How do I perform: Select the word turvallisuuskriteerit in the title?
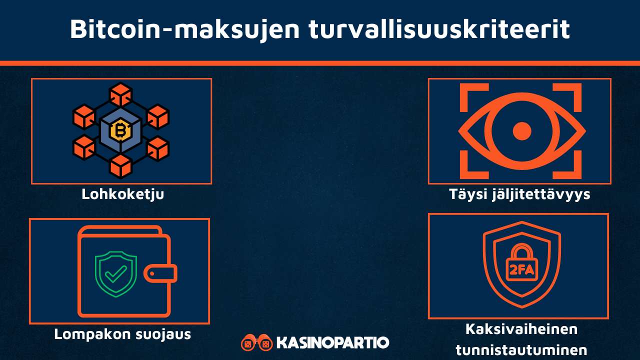click(439, 30)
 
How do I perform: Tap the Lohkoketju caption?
click(122, 194)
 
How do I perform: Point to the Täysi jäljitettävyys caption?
click(519, 194)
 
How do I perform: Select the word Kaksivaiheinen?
click(521, 329)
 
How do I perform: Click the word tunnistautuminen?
click(521, 349)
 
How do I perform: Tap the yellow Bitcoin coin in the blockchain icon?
click(120, 131)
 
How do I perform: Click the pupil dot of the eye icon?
click(522, 131)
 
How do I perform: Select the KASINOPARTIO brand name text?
click(332, 343)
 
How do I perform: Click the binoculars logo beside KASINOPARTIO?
click(256, 342)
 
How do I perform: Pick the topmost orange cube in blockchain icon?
click(120, 94)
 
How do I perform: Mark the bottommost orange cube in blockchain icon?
click(120, 166)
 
